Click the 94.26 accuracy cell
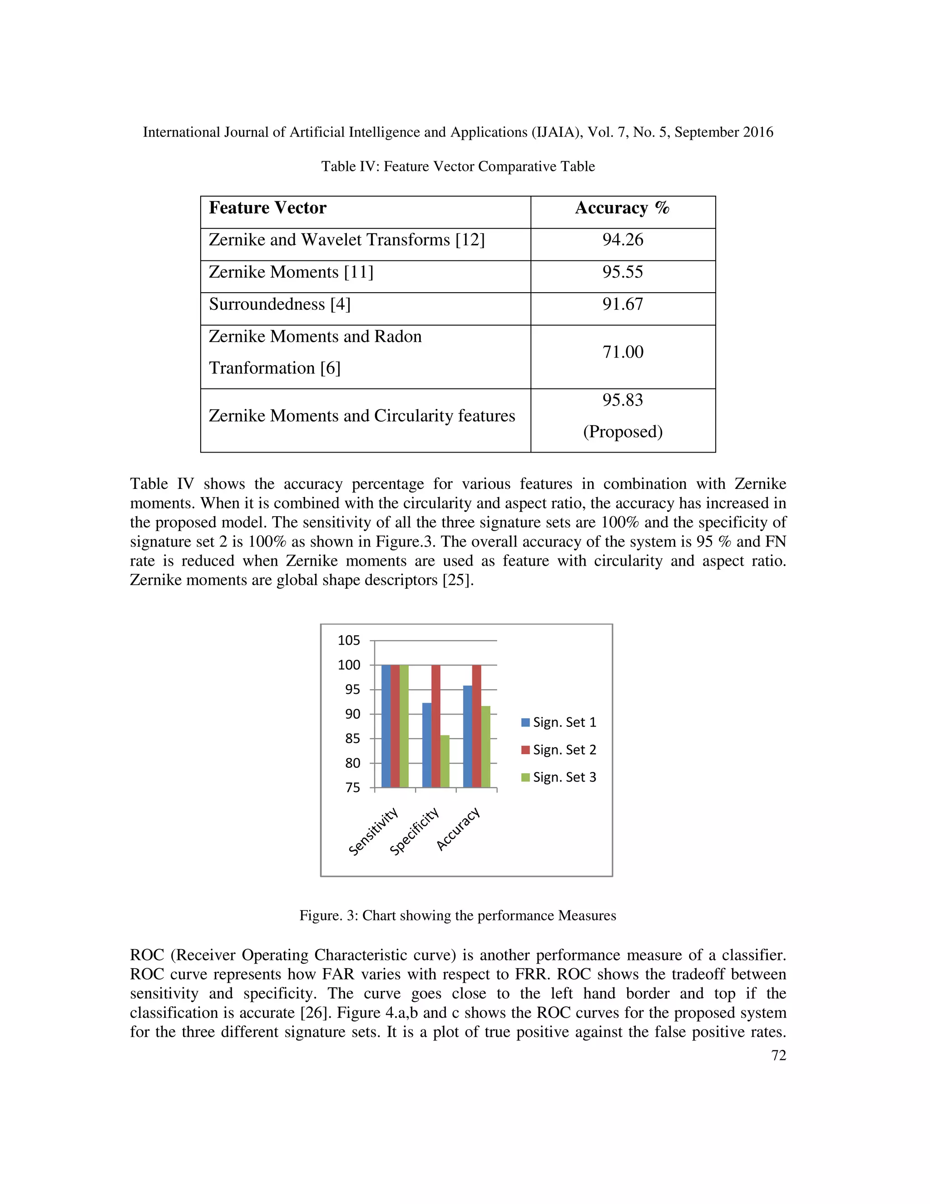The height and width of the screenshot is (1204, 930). (x=623, y=240)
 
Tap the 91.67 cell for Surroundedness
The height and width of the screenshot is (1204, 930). (x=623, y=304)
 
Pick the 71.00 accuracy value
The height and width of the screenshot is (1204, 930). (x=623, y=352)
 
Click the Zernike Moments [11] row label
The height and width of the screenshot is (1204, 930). (x=291, y=272)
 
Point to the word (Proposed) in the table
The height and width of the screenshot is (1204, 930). (x=623, y=432)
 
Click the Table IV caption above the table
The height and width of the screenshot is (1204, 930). (x=458, y=166)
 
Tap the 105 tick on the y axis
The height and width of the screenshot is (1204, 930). (x=349, y=641)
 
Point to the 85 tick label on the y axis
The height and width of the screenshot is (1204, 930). (x=352, y=739)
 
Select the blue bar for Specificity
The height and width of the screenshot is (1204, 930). (x=426, y=745)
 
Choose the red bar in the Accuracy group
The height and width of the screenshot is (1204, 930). (x=476, y=726)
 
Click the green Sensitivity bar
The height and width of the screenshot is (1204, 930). (x=404, y=726)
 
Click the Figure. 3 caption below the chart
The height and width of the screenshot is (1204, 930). (x=457, y=915)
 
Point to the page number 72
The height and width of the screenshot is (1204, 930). (x=778, y=1055)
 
